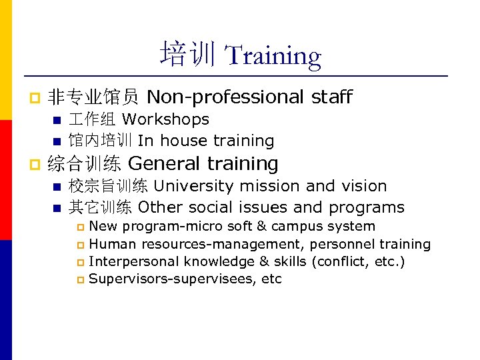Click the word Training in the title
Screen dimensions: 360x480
tap(273, 56)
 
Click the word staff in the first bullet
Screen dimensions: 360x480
tap(331, 97)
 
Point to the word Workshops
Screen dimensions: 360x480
tap(165, 120)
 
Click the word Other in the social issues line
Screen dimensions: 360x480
tap(159, 207)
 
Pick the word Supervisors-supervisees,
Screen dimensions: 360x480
tap(174, 279)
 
